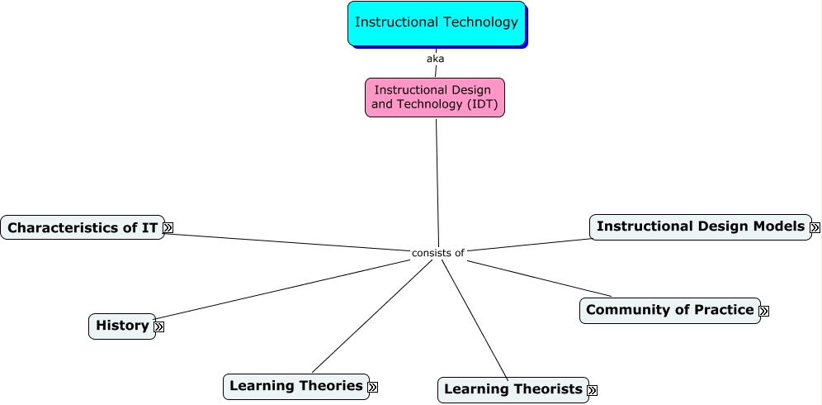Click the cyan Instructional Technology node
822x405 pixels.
(x=436, y=23)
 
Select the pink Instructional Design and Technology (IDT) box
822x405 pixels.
(x=434, y=98)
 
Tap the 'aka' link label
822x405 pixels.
(x=435, y=59)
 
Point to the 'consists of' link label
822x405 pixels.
(x=437, y=253)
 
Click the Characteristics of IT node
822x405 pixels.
(x=82, y=227)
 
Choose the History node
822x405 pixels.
(x=121, y=326)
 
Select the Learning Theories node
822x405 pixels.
(x=295, y=386)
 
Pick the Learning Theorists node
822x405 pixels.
(x=513, y=389)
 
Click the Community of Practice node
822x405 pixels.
(x=669, y=310)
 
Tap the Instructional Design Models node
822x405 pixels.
(x=700, y=226)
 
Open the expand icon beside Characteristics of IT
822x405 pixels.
(x=168, y=227)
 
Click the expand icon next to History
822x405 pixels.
(x=159, y=326)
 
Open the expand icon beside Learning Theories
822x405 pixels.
(x=373, y=387)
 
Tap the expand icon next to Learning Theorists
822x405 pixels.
(x=592, y=390)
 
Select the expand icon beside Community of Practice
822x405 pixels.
(x=763, y=311)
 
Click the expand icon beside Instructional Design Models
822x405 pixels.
(x=815, y=227)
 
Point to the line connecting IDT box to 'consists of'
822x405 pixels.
(x=437, y=182)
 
